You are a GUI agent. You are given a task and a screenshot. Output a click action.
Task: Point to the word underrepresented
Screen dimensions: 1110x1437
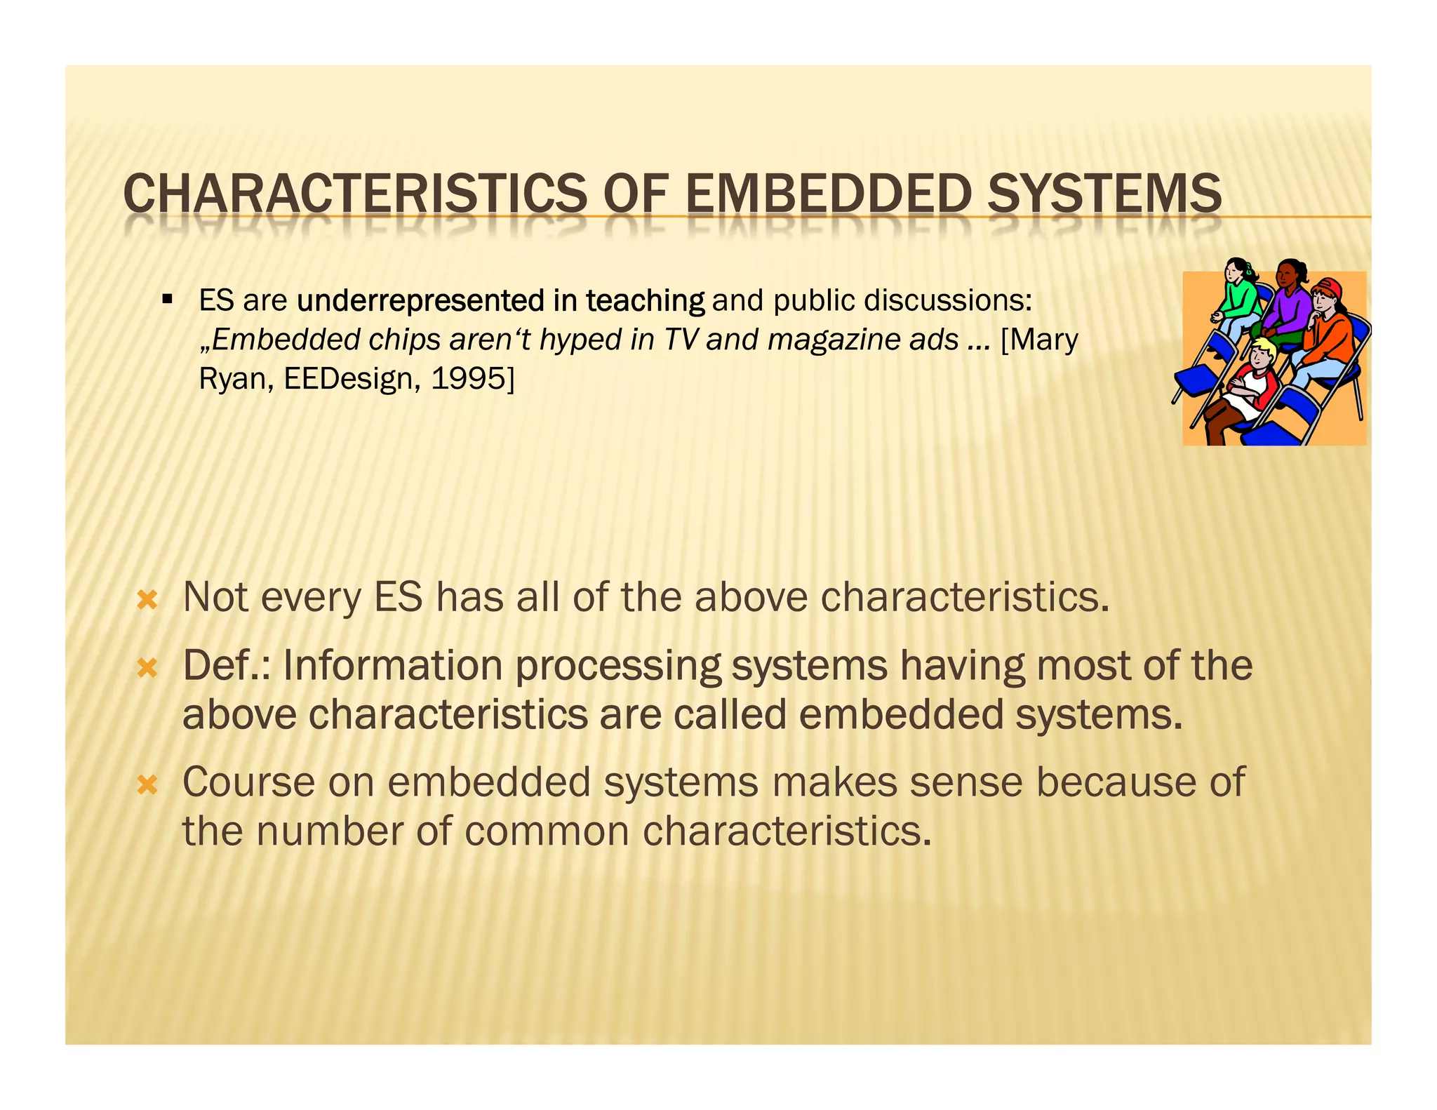click(420, 300)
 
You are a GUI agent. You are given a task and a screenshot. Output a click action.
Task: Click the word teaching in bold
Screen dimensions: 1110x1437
click(646, 300)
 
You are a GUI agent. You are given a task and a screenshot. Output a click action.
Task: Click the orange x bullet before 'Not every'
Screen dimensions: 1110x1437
click(147, 600)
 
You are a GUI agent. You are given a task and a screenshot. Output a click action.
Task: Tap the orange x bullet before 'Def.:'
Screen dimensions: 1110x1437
click(147, 667)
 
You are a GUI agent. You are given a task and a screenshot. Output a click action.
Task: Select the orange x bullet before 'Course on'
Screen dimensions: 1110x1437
click(147, 784)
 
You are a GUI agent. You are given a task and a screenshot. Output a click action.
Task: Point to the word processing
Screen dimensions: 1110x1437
click(618, 667)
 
